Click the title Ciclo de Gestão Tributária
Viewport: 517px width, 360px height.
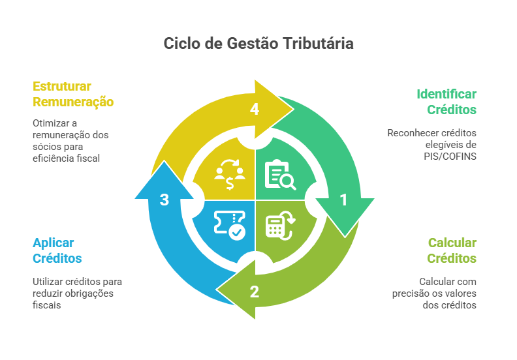(258, 44)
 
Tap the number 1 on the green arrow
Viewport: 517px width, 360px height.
(343, 200)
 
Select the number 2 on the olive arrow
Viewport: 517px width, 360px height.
(255, 292)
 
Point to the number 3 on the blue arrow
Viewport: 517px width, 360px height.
(164, 200)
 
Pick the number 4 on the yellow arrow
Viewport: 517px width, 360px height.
(255, 110)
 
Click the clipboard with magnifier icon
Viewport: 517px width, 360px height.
(279, 175)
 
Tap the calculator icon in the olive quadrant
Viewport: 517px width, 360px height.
(279, 224)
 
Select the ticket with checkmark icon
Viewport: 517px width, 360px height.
(230, 225)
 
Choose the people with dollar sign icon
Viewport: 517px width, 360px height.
(230, 175)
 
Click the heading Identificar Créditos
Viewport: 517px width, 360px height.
(446, 102)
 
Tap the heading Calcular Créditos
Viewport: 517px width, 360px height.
(452, 250)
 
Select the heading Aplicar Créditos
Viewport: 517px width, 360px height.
(57, 250)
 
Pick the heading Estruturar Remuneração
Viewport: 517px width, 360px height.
(72, 94)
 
